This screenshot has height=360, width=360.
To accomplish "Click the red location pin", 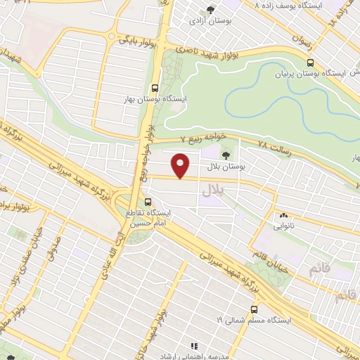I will pos(181,165).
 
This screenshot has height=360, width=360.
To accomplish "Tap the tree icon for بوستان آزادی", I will pos(210,9).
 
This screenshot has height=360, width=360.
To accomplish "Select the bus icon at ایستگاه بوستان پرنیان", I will pos(310,62).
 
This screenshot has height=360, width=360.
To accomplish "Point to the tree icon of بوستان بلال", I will pos(226,155).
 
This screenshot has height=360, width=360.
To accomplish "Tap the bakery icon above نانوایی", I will pos(283,215).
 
